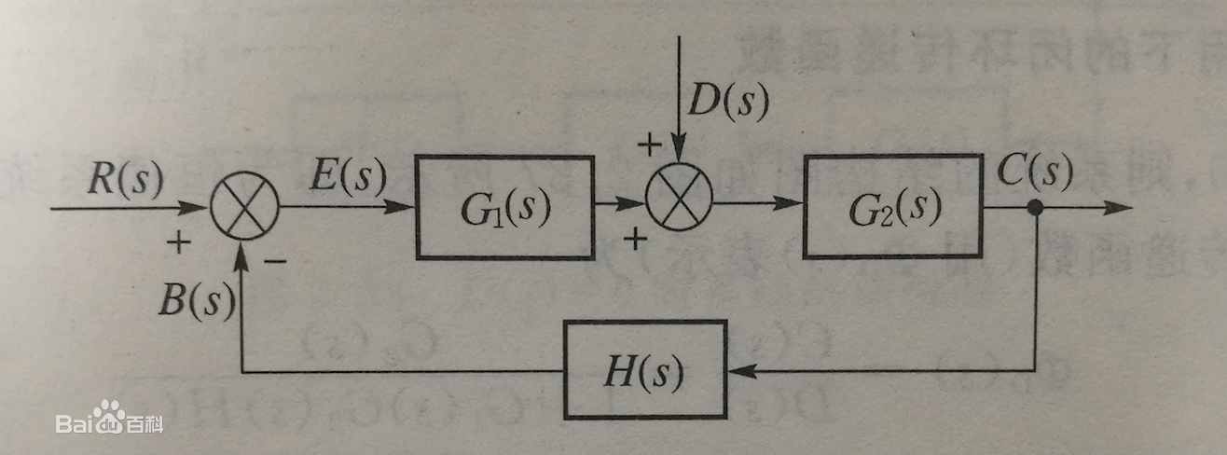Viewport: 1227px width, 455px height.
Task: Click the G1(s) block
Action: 504,207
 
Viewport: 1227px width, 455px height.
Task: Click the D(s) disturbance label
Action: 727,103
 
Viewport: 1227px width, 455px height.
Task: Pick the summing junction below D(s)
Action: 680,200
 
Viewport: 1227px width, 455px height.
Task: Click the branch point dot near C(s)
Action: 1034,207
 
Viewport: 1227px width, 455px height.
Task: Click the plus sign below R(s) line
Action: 176,243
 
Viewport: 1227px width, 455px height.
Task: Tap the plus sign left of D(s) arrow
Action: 645,145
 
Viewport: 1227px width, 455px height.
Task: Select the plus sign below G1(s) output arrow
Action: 635,241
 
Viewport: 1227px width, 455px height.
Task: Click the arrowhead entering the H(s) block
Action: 741,371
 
